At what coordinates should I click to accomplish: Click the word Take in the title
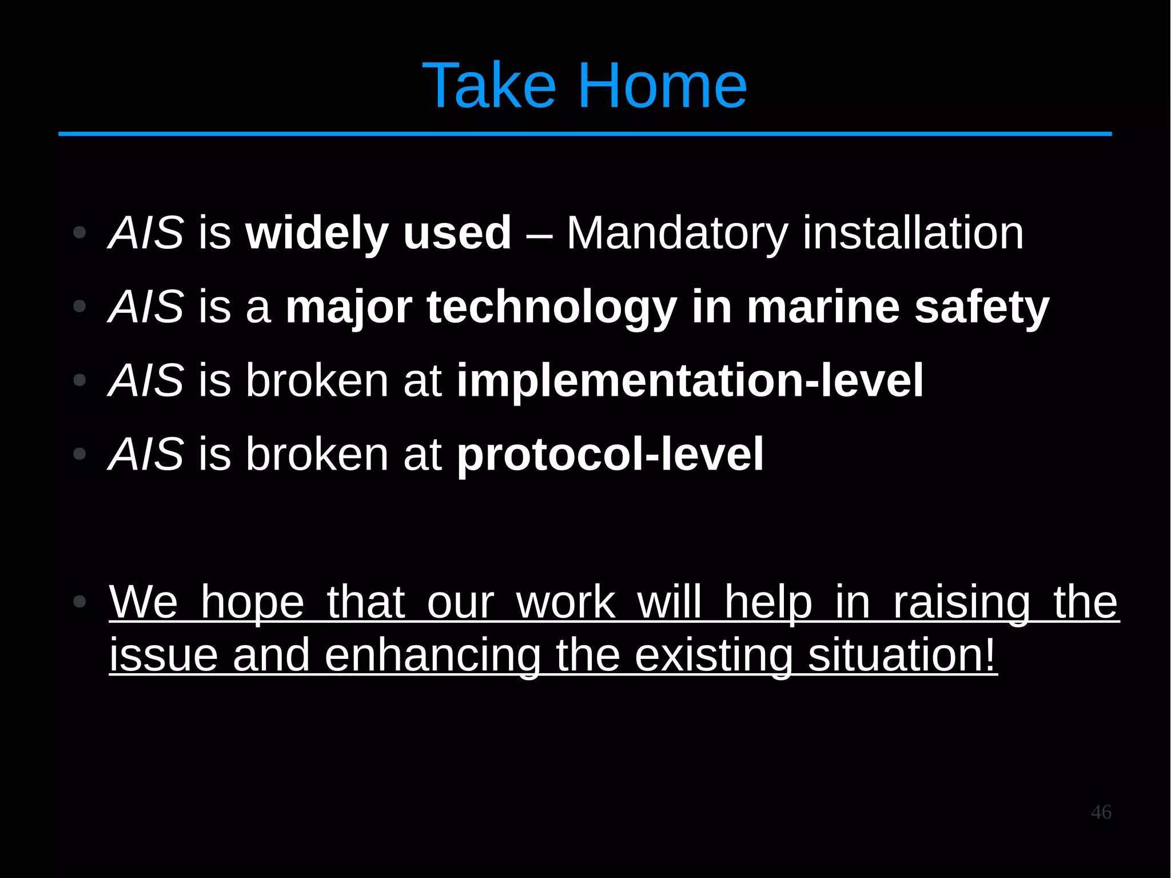[489, 86]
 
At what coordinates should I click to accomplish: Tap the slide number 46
[1101, 812]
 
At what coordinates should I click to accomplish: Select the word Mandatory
[677, 233]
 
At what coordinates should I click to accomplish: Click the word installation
[913, 233]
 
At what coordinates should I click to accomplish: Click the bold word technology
[552, 308]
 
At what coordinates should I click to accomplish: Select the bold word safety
[981, 308]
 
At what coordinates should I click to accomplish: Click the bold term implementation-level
[690, 381]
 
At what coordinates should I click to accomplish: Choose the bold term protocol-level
[610, 455]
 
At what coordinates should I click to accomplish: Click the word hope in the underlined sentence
[252, 602]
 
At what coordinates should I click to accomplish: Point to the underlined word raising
[961, 602]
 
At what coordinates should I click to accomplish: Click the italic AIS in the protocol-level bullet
[146, 455]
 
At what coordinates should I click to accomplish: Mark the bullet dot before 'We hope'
[79, 602]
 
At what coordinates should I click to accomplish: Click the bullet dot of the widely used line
[79, 233]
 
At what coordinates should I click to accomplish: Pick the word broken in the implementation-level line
[317, 381]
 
